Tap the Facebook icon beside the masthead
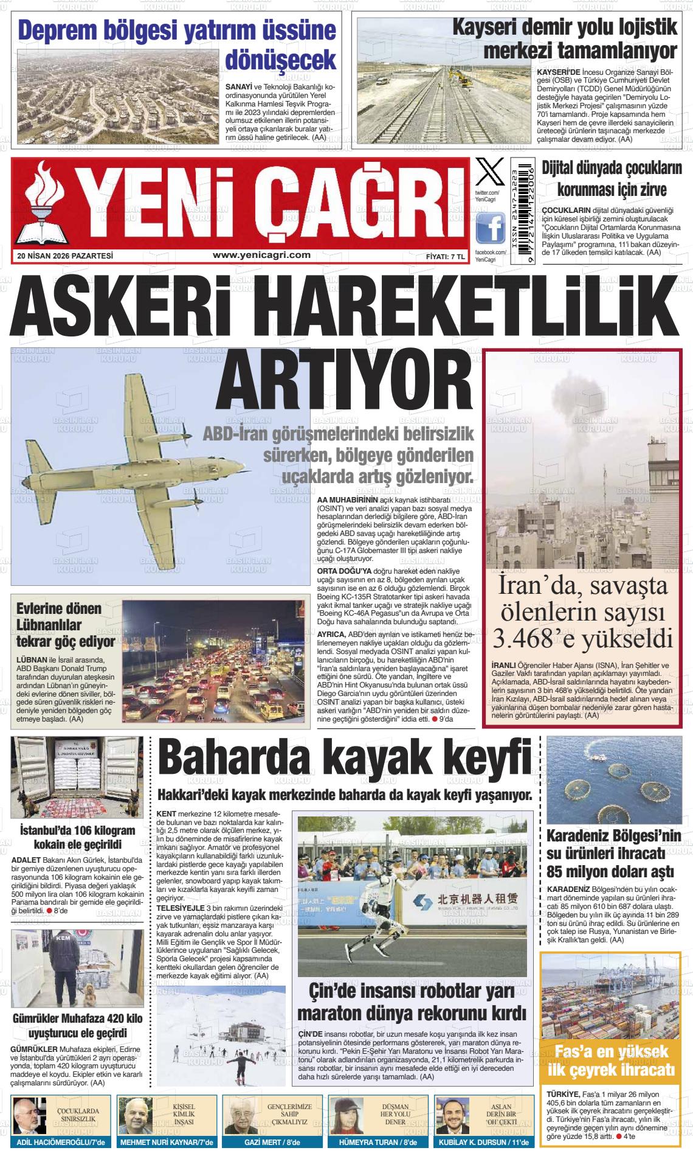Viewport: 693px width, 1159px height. pyautogui.click(x=490, y=228)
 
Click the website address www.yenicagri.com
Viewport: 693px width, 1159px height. pyautogui.click(x=262, y=256)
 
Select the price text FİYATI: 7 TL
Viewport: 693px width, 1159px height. pyautogui.click(x=445, y=257)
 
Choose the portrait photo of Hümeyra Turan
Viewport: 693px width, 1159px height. pyautogui.click(x=346, y=1115)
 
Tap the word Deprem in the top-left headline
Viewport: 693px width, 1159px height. pyautogui.click(x=59, y=30)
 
